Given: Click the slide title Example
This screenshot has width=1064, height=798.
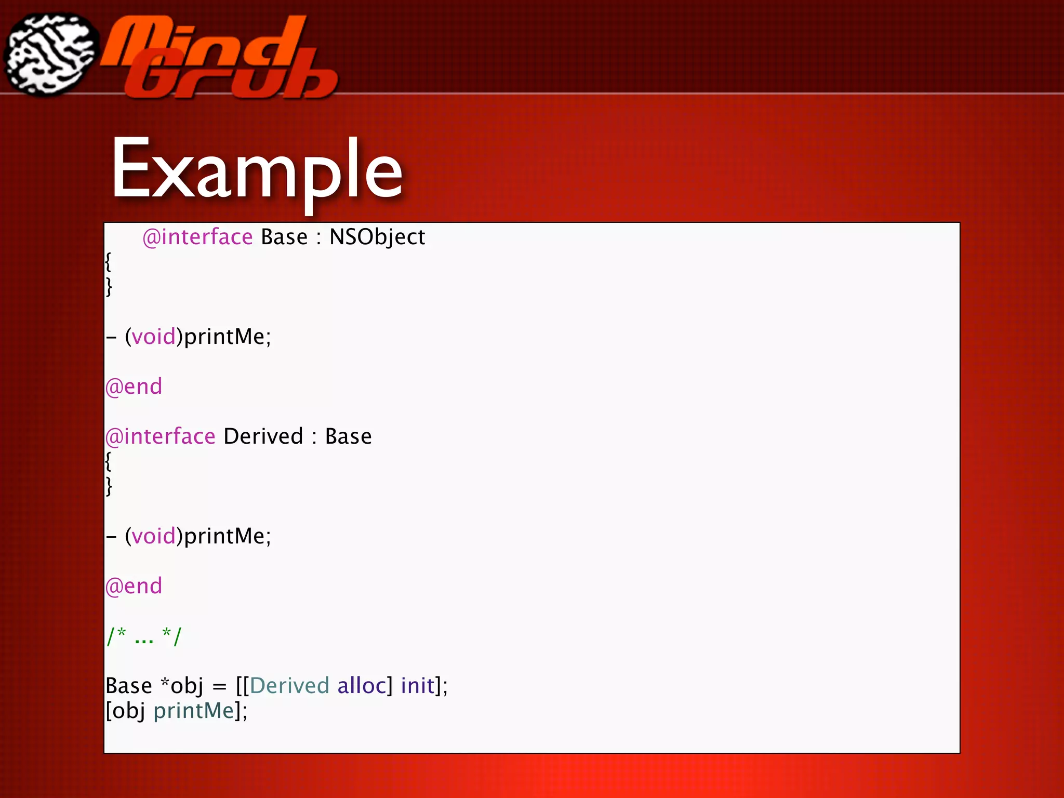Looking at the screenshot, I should click(257, 169).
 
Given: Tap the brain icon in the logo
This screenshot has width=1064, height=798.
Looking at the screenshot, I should click(50, 55).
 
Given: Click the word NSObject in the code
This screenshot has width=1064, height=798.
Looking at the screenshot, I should click(377, 237).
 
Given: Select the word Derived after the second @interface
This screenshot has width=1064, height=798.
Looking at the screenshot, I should click(263, 436).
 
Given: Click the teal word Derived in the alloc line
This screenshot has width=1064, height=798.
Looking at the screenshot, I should click(289, 686).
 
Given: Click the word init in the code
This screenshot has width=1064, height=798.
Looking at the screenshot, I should click(417, 686).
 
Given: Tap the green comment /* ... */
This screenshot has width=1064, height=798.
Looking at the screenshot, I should click(144, 636).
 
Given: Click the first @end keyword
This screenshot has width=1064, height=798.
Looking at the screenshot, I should click(134, 387).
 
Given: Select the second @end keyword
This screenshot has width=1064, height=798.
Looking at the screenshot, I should click(134, 586).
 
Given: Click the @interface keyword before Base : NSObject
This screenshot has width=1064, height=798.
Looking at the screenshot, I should click(197, 237).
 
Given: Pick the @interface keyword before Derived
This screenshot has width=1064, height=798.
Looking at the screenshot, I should click(160, 436).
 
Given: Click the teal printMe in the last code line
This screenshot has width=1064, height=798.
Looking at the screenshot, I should click(194, 711).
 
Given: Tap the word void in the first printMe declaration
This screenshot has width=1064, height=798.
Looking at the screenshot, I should click(153, 337).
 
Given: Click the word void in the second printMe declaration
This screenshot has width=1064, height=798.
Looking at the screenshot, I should click(153, 536).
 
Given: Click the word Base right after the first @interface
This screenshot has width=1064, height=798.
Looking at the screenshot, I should click(284, 237).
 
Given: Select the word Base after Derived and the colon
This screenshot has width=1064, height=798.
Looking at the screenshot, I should click(348, 436).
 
